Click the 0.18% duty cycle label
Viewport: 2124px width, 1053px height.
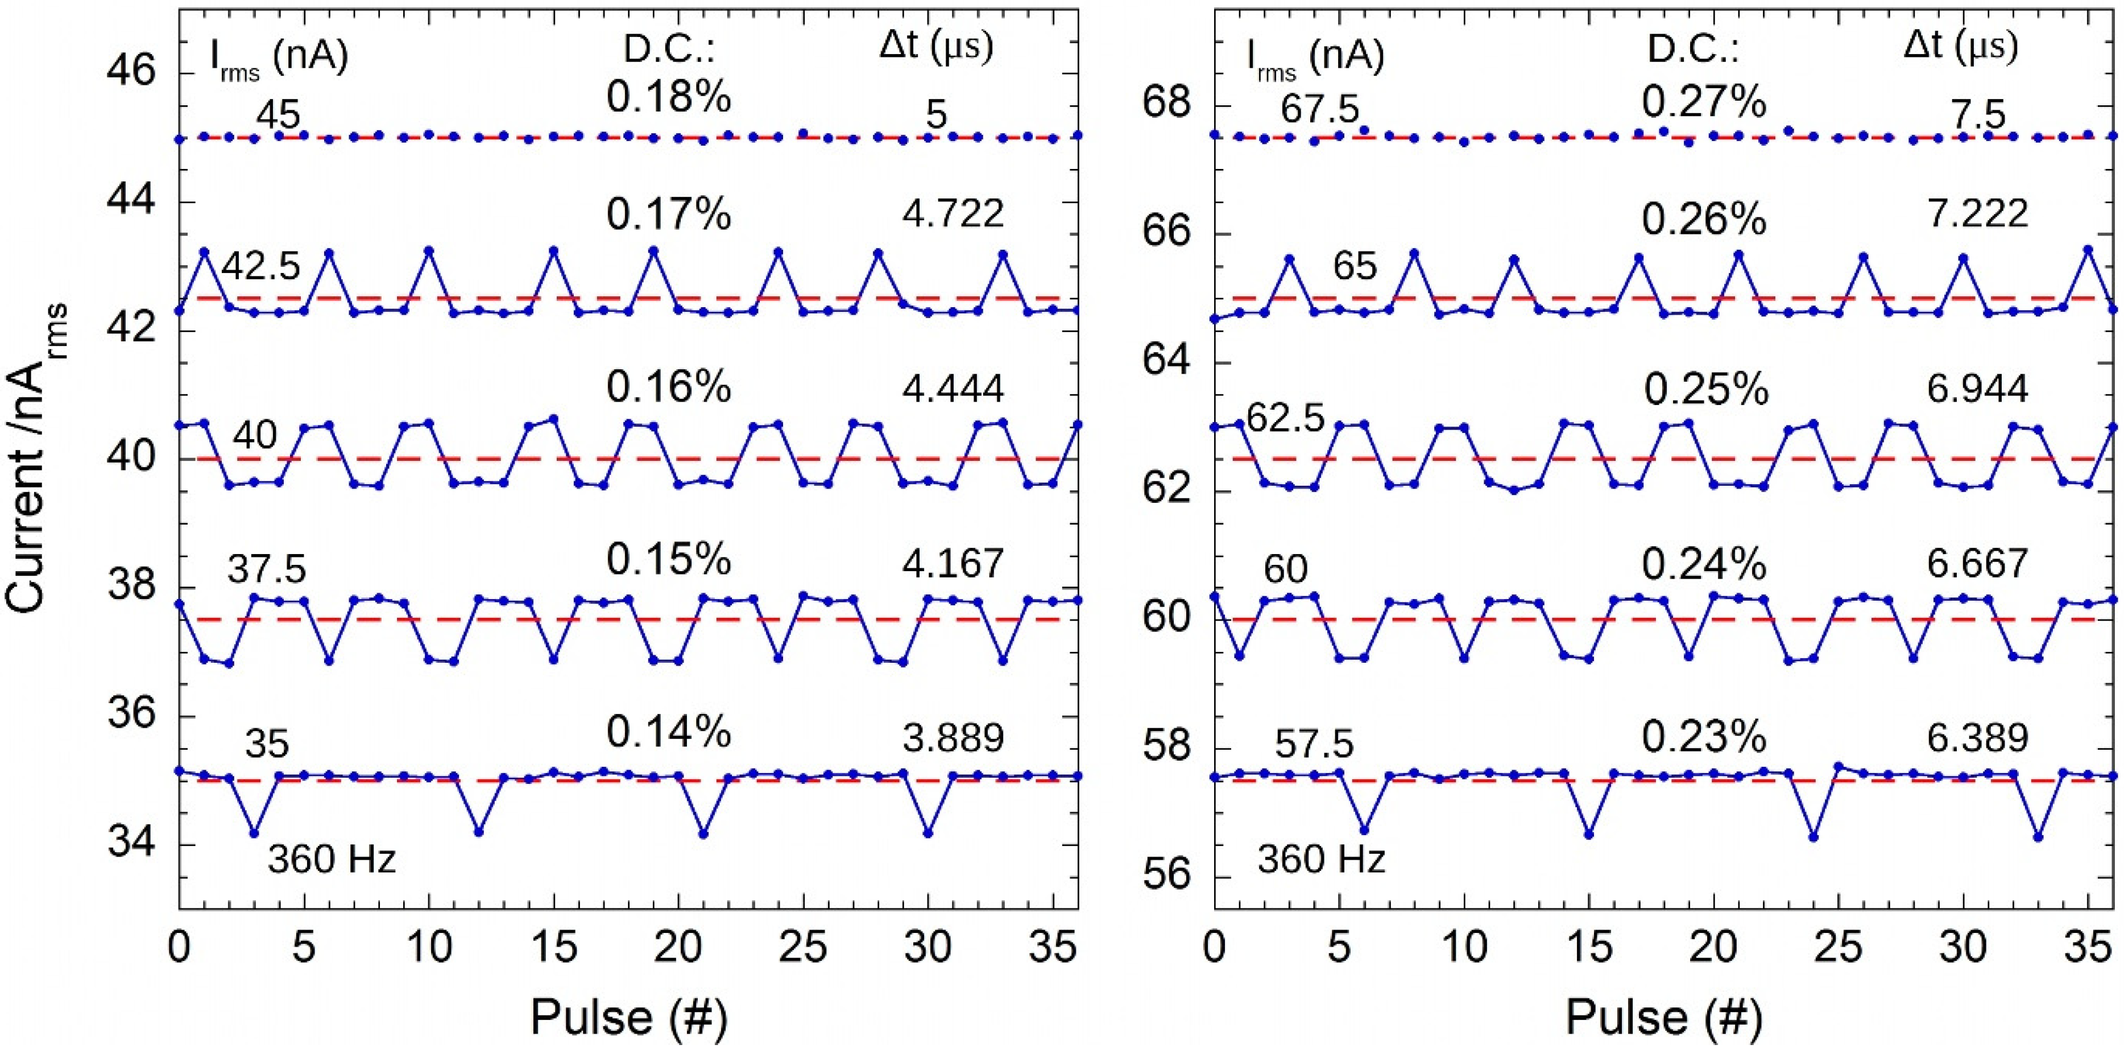click(669, 98)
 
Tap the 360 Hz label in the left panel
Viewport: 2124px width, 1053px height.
click(332, 860)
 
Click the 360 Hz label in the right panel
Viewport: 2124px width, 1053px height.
click(1321, 860)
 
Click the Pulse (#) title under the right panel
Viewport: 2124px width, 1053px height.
click(1664, 1016)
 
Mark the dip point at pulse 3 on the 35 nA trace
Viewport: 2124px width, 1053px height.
click(254, 833)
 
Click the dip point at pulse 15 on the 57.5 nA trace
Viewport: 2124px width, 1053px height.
click(1589, 833)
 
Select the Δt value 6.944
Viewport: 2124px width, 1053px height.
click(1977, 387)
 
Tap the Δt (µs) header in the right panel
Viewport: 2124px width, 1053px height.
click(1961, 46)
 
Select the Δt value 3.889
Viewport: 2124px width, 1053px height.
click(953, 738)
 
